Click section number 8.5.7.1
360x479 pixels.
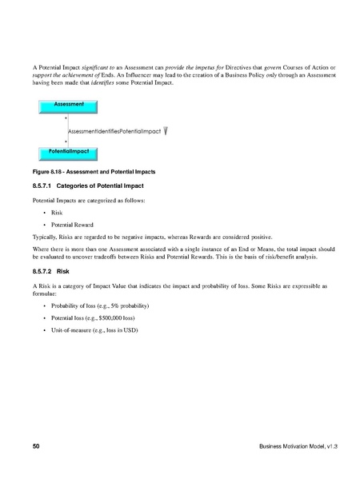coord(44,186)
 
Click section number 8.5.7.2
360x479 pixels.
coord(44,271)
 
